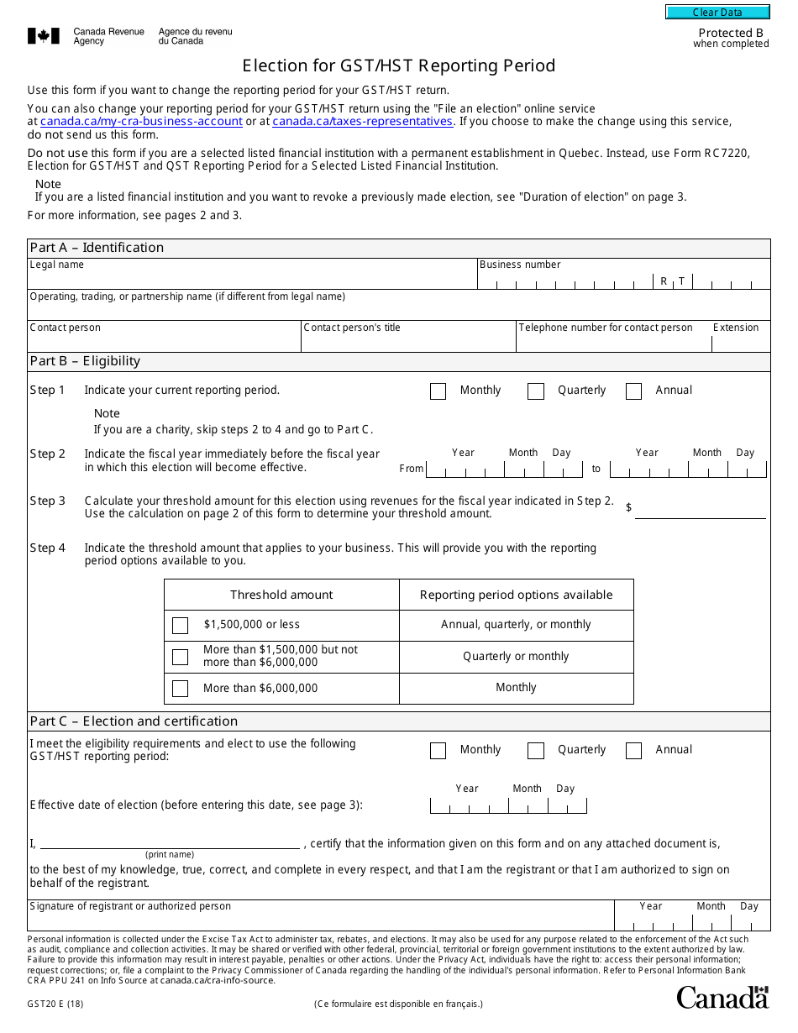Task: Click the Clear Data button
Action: coord(717,12)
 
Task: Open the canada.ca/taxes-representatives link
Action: coord(362,122)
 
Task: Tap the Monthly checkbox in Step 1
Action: coord(438,391)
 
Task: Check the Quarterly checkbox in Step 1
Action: coord(536,391)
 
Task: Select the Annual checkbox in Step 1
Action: coord(634,391)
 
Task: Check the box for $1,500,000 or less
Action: coord(180,626)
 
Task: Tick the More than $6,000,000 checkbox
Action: coord(180,689)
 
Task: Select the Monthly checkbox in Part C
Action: coord(438,751)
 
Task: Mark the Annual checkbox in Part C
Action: coord(634,751)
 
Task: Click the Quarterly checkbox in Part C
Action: coord(536,751)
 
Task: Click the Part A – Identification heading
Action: coord(97,248)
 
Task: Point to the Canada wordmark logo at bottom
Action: coord(722,997)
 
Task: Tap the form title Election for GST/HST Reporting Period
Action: coord(399,66)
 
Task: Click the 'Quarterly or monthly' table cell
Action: coord(516,657)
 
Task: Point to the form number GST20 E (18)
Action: coord(55,1004)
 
